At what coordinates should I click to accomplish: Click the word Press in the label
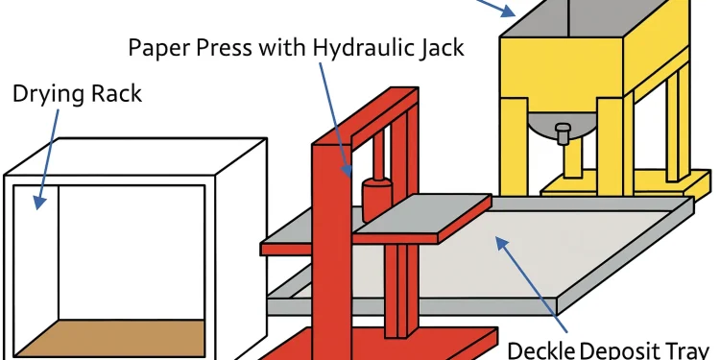228,47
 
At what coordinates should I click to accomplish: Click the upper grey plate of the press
422,215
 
